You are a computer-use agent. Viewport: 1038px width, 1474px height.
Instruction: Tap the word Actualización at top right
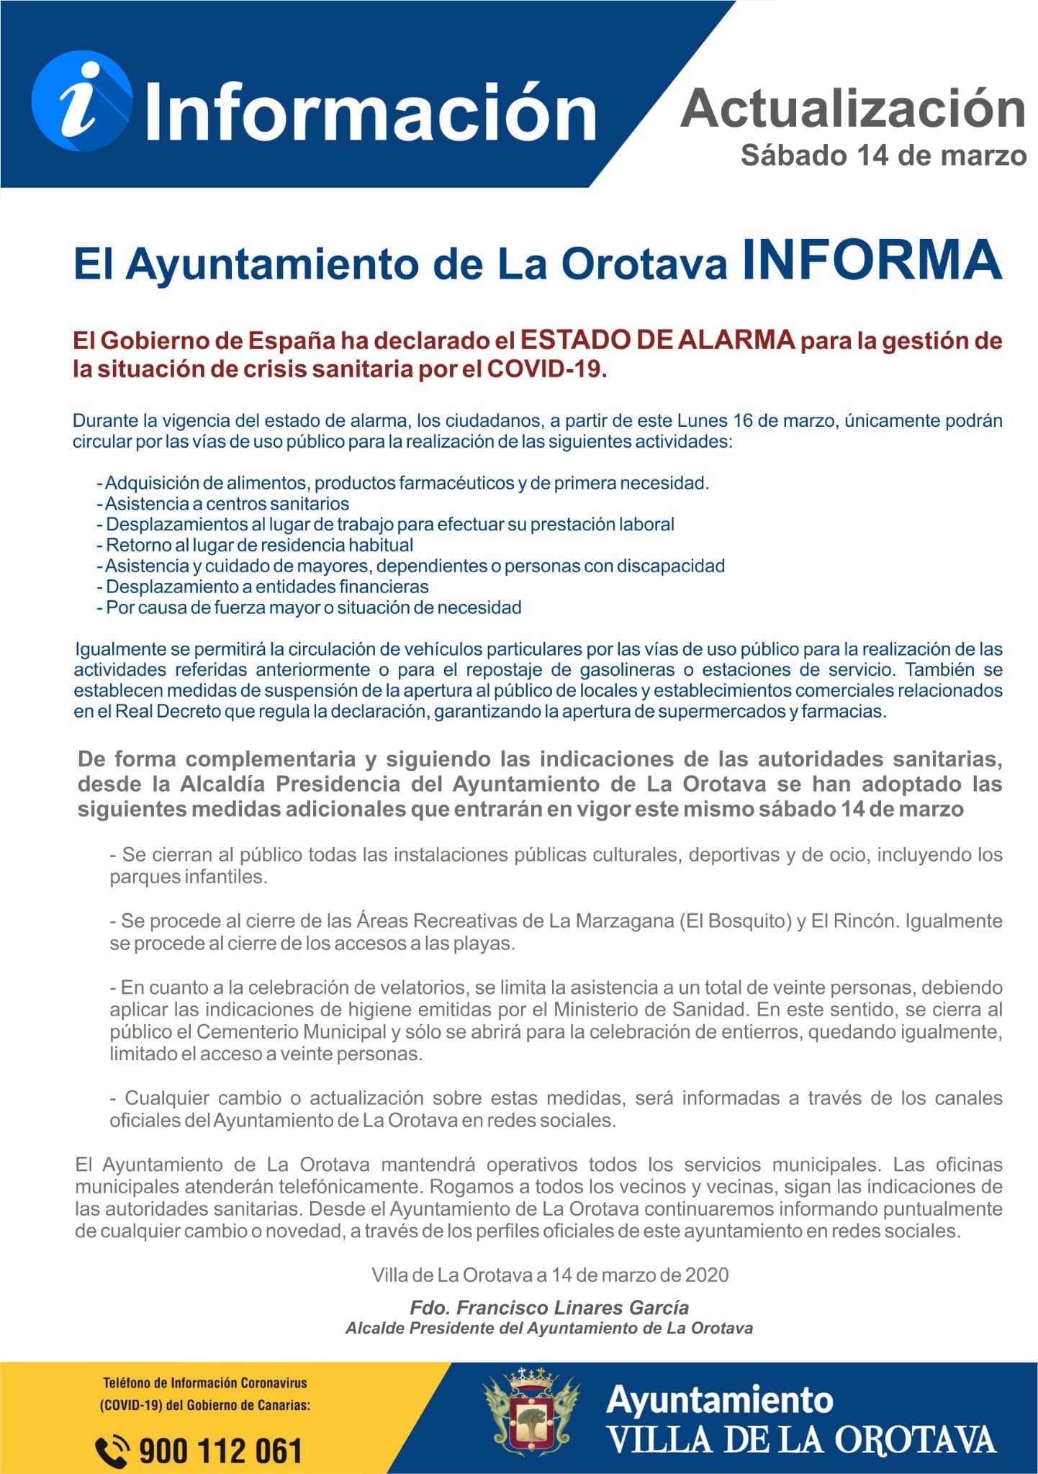coord(853,109)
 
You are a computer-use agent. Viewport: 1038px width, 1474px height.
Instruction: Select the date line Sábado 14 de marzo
coord(883,155)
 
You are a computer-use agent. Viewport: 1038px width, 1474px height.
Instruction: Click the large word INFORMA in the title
coord(872,260)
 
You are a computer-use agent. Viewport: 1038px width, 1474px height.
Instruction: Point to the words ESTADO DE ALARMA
coord(657,339)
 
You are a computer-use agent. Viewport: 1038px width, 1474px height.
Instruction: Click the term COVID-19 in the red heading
coord(546,369)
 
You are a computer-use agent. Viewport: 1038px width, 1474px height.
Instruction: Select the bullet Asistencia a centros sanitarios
coord(226,504)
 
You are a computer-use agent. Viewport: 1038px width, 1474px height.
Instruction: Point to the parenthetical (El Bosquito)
coord(735,921)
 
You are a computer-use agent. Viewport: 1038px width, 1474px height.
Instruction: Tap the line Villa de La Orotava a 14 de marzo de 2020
coord(550,1275)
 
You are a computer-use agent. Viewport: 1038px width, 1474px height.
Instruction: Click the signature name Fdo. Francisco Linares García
coord(549,1308)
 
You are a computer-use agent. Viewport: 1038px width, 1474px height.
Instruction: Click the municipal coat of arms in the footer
coord(531,1414)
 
